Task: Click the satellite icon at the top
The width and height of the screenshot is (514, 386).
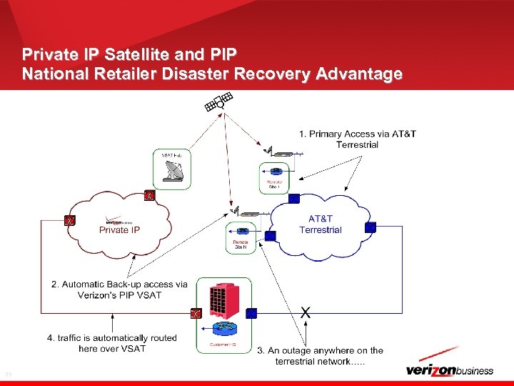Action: point(218,103)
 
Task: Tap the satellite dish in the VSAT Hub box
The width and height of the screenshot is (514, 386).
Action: point(173,172)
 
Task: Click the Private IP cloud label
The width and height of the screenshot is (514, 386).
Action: point(119,229)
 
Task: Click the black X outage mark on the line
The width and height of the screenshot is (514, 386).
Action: point(306,312)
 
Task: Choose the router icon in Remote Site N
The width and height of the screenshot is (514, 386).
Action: point(243,232)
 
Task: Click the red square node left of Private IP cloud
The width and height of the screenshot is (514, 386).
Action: point(69,221)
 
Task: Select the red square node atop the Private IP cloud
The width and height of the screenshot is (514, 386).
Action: point(149,194)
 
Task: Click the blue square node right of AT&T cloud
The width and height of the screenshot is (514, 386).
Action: point(370,227)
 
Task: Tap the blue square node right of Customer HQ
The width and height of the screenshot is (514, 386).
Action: point(251,313)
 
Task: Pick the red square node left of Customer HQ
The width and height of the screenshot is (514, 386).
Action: point(196,313)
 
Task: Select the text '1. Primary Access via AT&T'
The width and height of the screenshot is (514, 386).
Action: point(357,134)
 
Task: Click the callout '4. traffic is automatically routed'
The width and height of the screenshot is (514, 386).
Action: point(112,337)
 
